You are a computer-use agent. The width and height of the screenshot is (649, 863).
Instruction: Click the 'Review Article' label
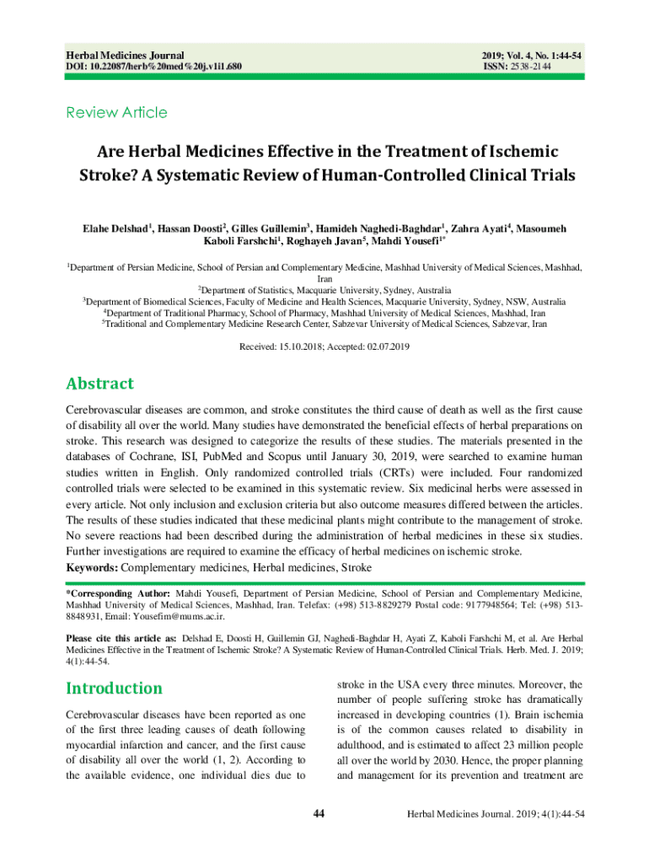pos(116,113)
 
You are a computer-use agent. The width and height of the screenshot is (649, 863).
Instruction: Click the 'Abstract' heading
pos(99,383)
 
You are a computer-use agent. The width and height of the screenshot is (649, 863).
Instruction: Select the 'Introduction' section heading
pos(114,688)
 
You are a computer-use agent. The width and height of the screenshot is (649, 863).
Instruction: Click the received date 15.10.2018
pos(303,346)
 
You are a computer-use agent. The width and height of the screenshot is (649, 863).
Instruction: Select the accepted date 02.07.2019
pos(386,346)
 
